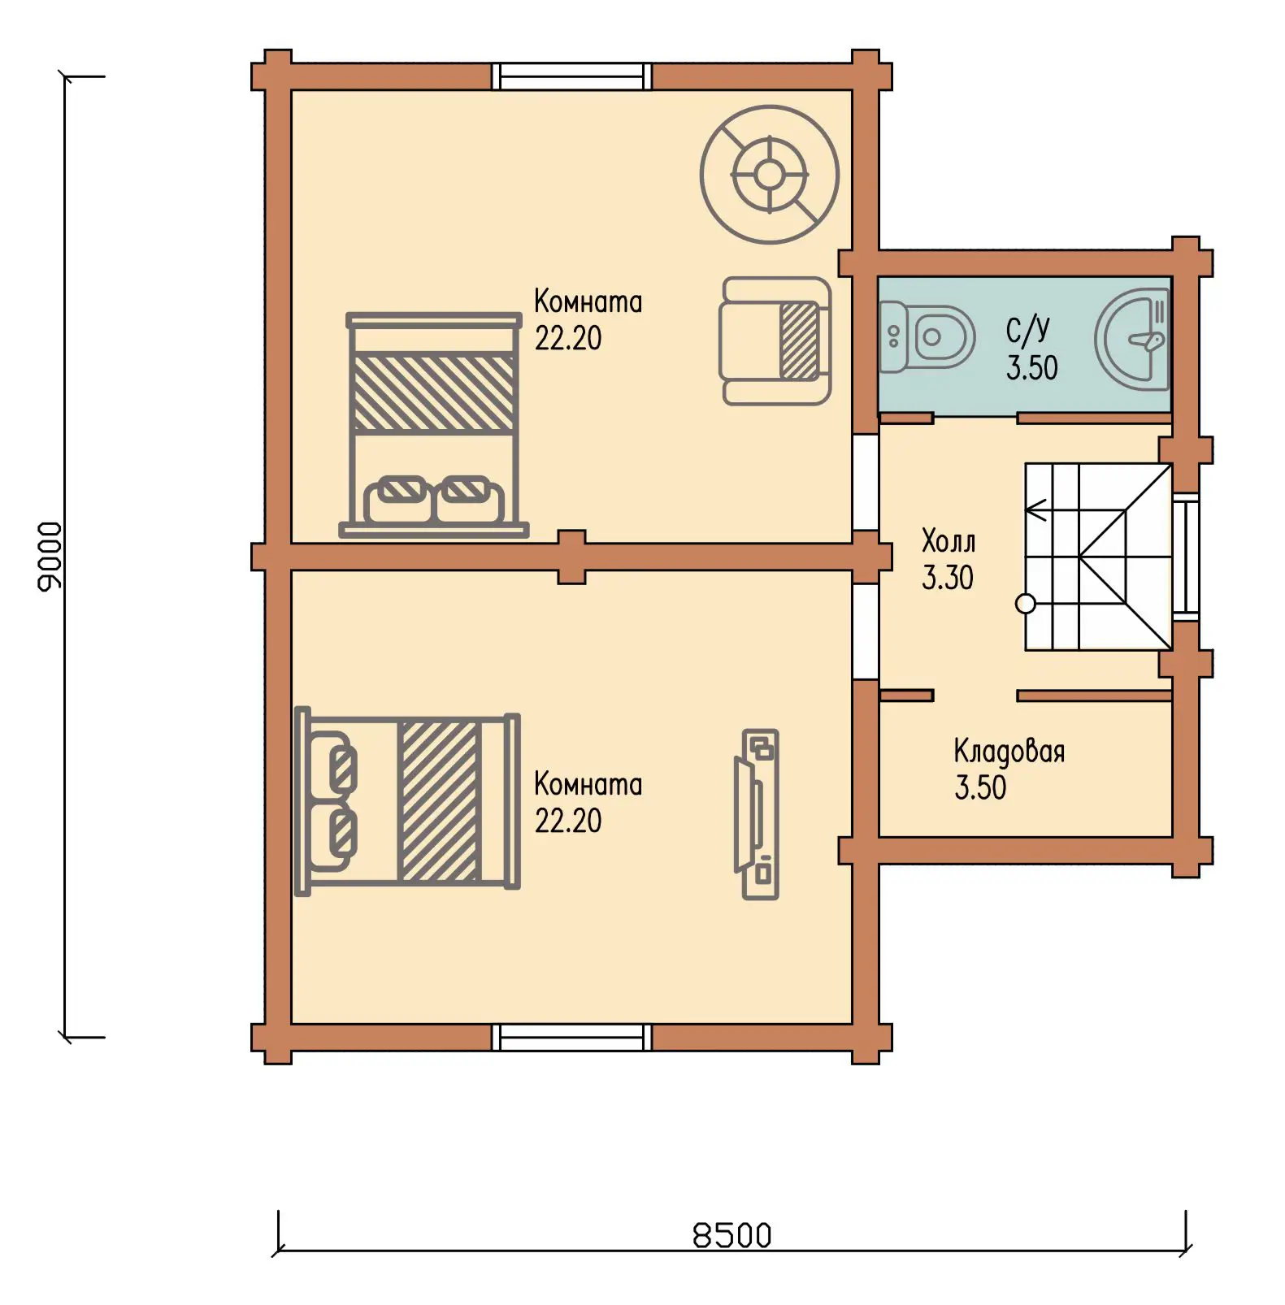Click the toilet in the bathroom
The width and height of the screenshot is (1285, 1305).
point(927,336)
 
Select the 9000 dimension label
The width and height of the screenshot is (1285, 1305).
point(50,557)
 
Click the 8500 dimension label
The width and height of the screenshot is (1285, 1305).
point(731,1235)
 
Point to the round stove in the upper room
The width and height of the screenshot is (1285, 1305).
point(769,174)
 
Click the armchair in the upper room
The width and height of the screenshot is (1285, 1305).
point(775,340)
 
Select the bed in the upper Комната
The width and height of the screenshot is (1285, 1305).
point(434,425)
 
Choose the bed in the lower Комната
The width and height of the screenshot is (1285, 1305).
point(407,801)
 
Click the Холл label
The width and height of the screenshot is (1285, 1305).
point(949,540)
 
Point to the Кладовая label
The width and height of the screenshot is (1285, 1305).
point(1009,752)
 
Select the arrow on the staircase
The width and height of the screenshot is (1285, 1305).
point(1040,510)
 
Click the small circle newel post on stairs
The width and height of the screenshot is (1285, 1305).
point(1026,604)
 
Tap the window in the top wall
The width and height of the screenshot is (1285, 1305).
point(572,76)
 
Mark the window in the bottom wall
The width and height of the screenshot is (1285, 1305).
point(572,1037)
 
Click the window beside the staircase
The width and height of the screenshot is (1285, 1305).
point(1186,557)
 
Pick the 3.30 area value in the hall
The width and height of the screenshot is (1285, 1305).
point(947,577)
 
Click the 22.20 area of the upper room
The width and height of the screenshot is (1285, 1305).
point(568,338)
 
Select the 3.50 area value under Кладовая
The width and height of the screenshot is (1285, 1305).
point(980,787)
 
